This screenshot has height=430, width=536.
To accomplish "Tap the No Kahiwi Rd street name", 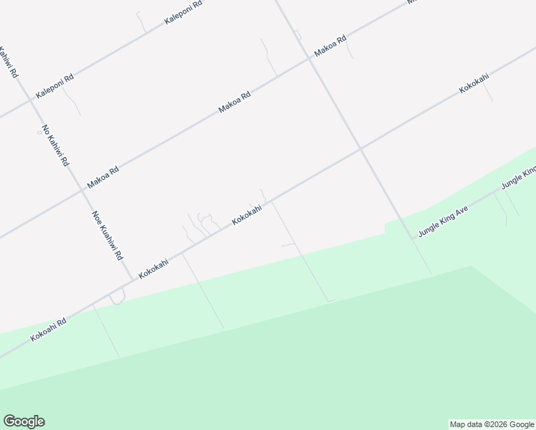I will point(54,146).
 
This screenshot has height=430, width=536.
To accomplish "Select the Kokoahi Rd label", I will point(48,330).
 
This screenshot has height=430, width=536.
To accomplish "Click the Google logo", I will point(24,421).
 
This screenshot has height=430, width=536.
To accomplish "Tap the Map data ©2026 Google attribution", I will point(492,424).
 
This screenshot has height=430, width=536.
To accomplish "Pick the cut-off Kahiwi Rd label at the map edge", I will point(9,63).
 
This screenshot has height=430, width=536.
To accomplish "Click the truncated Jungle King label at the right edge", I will point(519,179).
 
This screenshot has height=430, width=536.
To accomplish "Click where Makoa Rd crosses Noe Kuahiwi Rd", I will point(81,191).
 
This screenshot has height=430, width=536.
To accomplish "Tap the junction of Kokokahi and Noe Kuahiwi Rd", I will point(131,278).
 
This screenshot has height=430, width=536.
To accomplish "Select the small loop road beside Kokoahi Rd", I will point(118,296).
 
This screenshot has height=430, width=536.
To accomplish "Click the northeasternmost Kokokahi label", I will point(474,83).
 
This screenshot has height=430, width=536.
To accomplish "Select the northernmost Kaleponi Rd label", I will point(183,13).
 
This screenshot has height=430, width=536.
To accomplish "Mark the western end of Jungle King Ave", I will point(413,236).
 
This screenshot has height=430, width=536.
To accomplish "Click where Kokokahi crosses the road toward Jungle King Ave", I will point(360,150).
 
